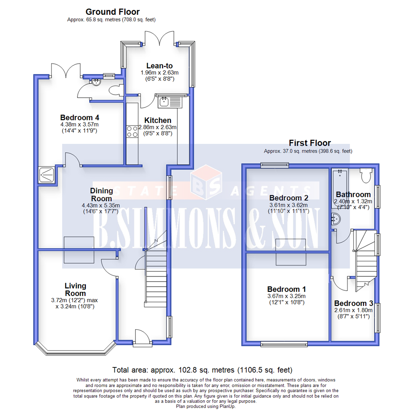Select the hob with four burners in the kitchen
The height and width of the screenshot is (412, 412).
(x=132, y=131)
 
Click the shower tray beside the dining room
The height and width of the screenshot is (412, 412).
(x=47, y=175)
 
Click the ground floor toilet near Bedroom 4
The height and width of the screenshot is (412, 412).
(x=115, y=90)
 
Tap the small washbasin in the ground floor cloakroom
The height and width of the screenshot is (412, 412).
(x=96, y=81)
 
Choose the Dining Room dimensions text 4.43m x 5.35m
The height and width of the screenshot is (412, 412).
(x=101, y=205)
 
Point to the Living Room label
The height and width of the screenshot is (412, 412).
(x=75, y=290)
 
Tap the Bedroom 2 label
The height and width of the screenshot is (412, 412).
(x=288, y=198)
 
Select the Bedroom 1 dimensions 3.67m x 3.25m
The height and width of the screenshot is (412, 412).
(x=286, y=296)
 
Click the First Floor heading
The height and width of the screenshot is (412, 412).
(x=310, y=143)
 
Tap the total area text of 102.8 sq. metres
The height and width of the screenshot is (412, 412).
(x=202, y=370)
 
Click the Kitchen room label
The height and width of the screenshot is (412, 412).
(x=155, y=120)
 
